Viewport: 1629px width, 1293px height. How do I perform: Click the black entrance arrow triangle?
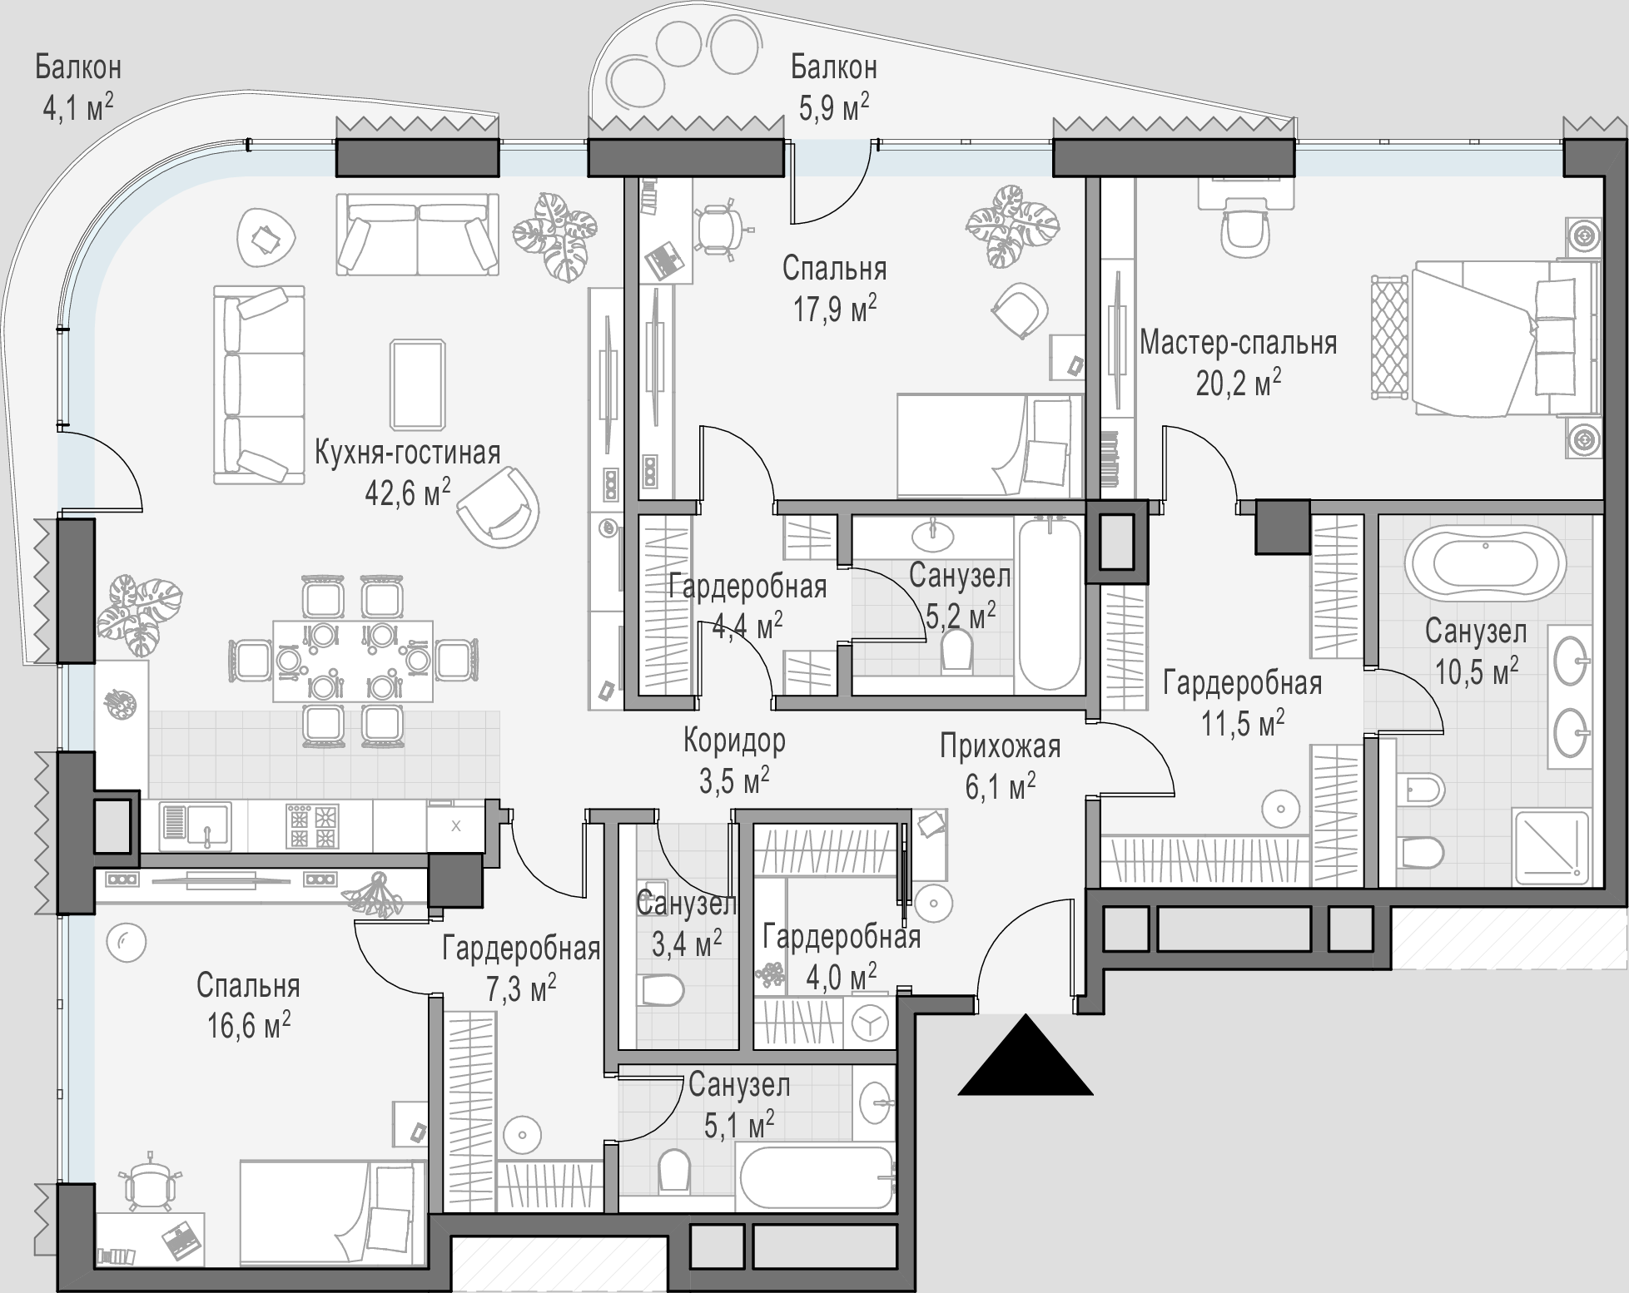tap(1026, 1057)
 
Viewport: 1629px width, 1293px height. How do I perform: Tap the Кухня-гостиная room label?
tap(408, 453)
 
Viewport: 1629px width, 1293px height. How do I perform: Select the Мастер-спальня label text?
tap(1238, 342)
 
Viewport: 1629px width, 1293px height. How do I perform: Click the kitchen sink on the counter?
tap(195, 825)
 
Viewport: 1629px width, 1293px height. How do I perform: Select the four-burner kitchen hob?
tap(312, 825)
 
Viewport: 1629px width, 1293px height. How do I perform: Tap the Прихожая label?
tap(1001, 746)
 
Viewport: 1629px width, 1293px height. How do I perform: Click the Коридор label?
tap(734, 740)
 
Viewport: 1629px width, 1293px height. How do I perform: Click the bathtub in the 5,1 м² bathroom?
tap(817, 1177)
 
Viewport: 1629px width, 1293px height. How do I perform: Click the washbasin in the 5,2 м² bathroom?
tap(932, 534)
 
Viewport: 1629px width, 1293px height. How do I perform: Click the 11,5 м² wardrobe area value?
tap(1242, 724)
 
